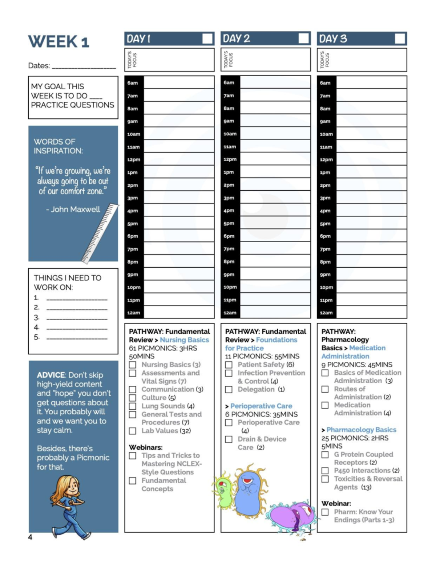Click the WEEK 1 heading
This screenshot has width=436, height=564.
[x=58, y=42]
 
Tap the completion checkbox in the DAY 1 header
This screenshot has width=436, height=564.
[x=207, y=38]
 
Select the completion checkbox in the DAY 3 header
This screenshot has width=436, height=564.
[x=400, y=38]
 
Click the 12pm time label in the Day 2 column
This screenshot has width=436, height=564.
[x=230, y=159]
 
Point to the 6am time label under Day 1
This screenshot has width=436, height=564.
[x=133, y=83]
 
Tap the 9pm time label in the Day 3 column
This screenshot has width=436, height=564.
[x=325, y=275]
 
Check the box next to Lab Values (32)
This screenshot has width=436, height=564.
[x=133, y=431]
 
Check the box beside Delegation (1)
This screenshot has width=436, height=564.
[x=229, y=389]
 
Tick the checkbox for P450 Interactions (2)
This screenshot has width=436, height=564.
[x=325, y=471]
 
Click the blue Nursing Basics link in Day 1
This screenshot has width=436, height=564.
[x=184, y=340]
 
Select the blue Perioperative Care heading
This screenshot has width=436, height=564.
[x=261, y=406]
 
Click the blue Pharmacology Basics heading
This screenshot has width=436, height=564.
[x=361, y=430]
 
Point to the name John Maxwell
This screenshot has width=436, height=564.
[x=75, y=209]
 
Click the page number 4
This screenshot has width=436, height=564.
[x=30, y=537]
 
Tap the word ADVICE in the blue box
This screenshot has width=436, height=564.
[x=51, y=375]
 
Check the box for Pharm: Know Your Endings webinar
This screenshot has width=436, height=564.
[x=325, y=512]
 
